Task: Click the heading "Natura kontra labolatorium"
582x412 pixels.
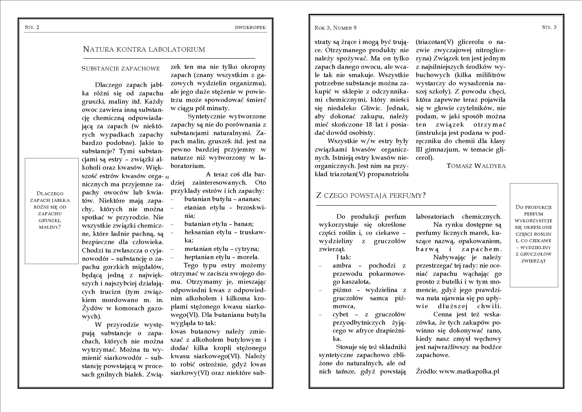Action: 144,49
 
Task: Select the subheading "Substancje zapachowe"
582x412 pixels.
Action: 121,69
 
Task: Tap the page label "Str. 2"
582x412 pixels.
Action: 32,27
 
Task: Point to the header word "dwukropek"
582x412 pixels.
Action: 250,27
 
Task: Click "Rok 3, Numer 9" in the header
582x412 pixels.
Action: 335,28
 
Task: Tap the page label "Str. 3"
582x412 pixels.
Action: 549,27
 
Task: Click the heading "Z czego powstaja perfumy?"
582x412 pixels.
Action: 371,195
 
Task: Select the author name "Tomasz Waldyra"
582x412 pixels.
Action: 476,166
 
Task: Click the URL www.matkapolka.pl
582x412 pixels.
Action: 469,371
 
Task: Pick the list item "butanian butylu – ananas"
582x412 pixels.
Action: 222,199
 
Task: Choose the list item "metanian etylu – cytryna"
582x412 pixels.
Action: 222,249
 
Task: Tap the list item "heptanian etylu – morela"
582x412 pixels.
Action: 222,257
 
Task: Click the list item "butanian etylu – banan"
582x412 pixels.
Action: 219,224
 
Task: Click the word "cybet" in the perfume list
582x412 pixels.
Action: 341,315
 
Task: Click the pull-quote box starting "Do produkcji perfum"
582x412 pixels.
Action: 534,235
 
